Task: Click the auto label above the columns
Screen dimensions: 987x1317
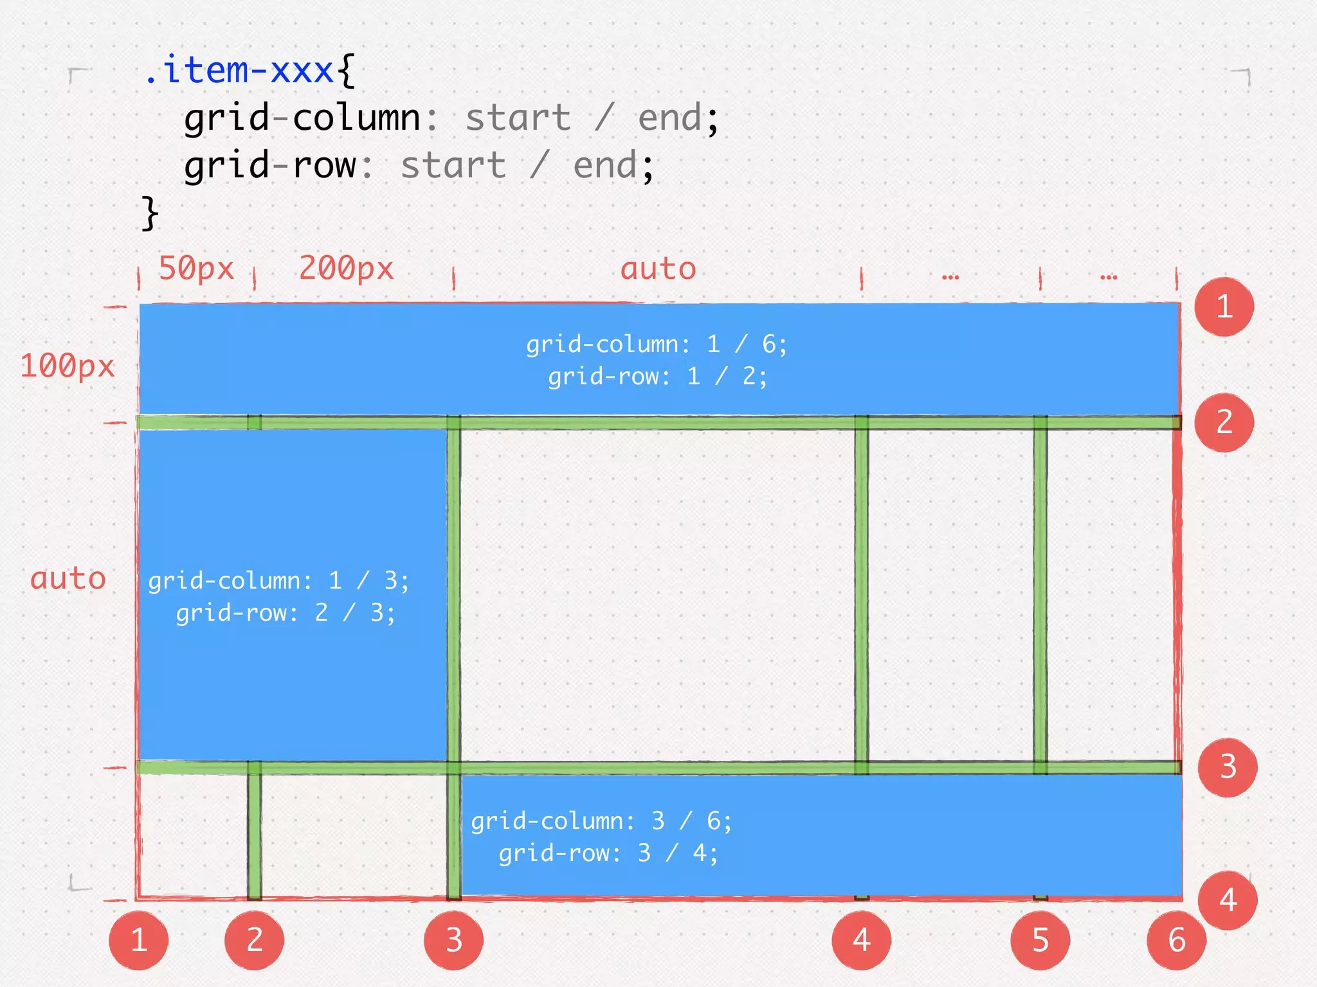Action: point(658,269)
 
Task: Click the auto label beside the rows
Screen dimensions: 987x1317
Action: point(68,578)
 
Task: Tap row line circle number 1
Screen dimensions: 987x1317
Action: point(1224,307)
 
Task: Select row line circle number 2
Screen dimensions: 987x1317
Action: point(1224,422)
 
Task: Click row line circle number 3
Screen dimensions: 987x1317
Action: point(1227,767)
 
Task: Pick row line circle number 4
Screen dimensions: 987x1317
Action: point(1227,900)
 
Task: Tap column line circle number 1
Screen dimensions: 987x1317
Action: point(139,940)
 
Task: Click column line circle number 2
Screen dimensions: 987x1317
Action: point(254,940)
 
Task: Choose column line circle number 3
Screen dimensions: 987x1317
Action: point(453,940)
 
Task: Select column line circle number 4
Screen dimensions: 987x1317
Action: point(861,940)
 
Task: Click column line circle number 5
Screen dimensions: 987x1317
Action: point(1040,940)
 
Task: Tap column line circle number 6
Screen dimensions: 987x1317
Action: point(1176,940)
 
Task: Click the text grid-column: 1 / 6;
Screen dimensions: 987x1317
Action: point(656,344)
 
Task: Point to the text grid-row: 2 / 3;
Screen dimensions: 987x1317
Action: point(286,613)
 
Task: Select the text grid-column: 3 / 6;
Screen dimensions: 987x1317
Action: point(601,821)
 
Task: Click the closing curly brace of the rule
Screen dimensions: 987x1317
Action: point(149,213)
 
